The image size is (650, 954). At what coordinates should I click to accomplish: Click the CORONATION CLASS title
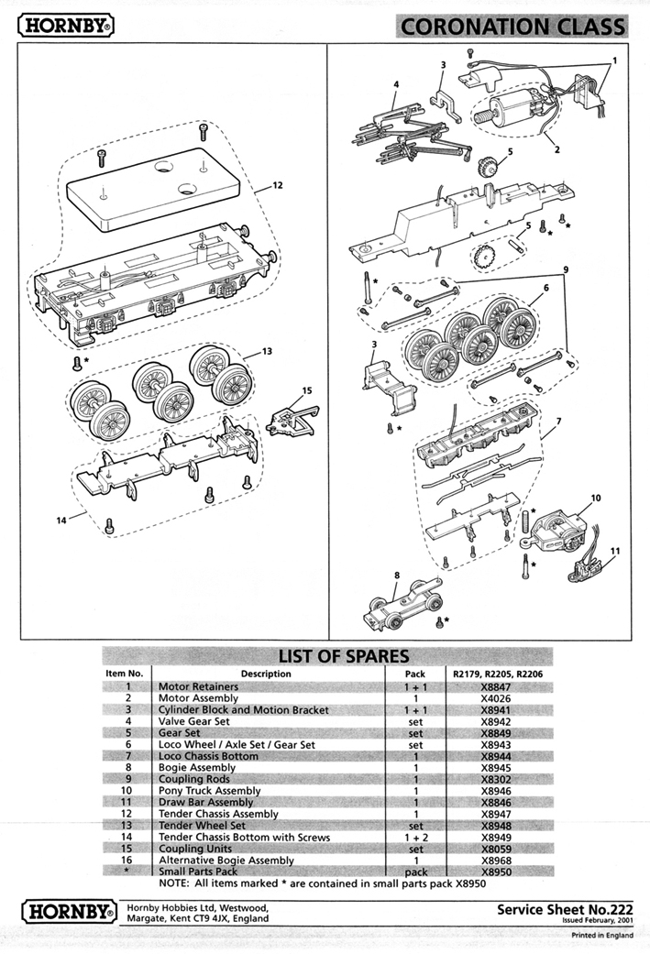click(x=512, y=27)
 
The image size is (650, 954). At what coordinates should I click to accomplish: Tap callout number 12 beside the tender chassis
click(x=277, y=185)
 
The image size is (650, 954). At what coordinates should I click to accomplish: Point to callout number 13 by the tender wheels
click(x=267, y=351)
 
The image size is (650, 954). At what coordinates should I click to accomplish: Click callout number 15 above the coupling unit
click(x=306, y=391)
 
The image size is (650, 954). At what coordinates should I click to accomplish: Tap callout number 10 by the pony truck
click(x=596, y=498)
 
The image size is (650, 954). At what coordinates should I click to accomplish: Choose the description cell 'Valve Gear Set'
click(x=197, y=721)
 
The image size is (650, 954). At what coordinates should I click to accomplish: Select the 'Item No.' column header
click(x=124, y=674)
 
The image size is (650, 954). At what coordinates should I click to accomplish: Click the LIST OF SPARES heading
click(x=344, y=656)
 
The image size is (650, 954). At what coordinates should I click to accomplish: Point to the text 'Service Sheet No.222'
click(x=565, y=910)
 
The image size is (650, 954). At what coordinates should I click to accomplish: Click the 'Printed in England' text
click(x=601, y=936)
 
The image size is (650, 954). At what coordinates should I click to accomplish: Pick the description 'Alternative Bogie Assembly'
click(x=226, y=861)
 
